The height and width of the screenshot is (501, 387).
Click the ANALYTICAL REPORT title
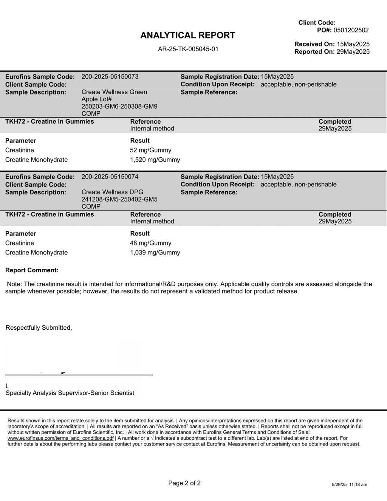click(x=187, y=35)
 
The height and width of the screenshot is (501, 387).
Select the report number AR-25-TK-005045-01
click(x=188, y=49)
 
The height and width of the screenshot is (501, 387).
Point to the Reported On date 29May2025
click(x=353, y=52)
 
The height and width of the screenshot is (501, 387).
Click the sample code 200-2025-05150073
click(x=110, y=77)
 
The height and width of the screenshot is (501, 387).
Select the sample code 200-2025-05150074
click(x=110, y=177)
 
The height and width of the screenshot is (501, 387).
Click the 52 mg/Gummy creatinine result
click(x=150, y=150)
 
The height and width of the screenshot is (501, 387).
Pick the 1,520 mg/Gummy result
click(x=155, y=160)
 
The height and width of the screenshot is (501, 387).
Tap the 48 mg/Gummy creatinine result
click(x=150, y=243)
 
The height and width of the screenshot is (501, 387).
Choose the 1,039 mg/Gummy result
click(x=155, y=253)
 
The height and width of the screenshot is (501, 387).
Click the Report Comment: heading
click(x=32, y=270)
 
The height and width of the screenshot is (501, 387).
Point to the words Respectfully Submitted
click(x=39, y=328)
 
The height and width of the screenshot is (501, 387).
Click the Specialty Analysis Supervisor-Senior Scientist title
click(x=70, y=393)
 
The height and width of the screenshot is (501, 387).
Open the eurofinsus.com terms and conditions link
click(x=60, y=438)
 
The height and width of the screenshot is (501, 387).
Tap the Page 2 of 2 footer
click(x=184, y=483)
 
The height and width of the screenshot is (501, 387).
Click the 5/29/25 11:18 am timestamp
click(x=349, y=485)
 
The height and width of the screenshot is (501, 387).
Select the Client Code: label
click(x=317, y=23)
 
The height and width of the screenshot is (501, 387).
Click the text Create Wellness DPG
click(x=112, y=192)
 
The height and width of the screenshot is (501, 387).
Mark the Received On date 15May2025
click(x=353, y=44)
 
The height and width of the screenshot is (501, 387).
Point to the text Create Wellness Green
click(x=114, y=92)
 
